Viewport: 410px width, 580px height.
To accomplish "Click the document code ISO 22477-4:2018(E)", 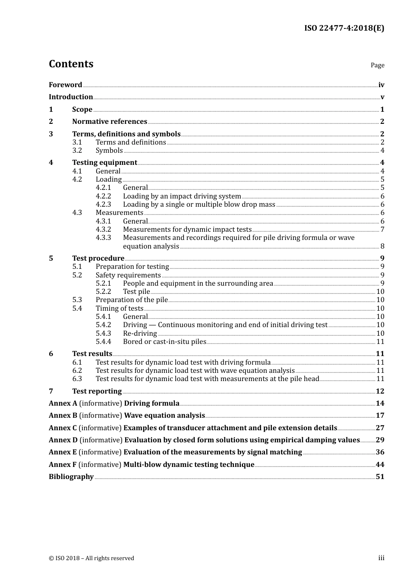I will click(344, 28).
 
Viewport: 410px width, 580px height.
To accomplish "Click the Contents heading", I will click(71, 64).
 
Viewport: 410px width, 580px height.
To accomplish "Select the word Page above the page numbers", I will click(377, 65).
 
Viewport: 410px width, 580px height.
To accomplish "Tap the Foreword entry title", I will click(65, 85).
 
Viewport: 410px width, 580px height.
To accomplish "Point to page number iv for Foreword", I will click(381, 85).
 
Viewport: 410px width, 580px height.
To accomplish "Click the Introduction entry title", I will click(71, 97).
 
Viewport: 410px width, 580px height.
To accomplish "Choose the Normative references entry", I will click(110, 122).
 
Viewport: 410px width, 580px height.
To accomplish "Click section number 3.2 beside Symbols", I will click(77, 151).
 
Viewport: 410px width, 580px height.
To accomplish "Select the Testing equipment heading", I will click(104, 163).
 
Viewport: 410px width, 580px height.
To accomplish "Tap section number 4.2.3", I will click(103, 205).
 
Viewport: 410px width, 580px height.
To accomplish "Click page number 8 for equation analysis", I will click(382, 246).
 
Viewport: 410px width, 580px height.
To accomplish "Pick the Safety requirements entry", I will click(128, 275).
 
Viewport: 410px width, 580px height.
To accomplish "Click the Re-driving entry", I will click(140, 334).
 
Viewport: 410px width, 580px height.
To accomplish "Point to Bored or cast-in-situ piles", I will click(164, 342).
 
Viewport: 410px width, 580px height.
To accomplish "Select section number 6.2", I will click(77, 371).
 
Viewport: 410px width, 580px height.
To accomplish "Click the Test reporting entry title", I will click(97, 391).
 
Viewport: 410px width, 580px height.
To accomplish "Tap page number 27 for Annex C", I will click(380, 428).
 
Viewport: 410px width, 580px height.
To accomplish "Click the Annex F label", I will click(63, 465).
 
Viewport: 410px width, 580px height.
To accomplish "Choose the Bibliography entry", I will click(71, 477).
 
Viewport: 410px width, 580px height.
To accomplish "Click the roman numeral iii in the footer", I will click(381, 558).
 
